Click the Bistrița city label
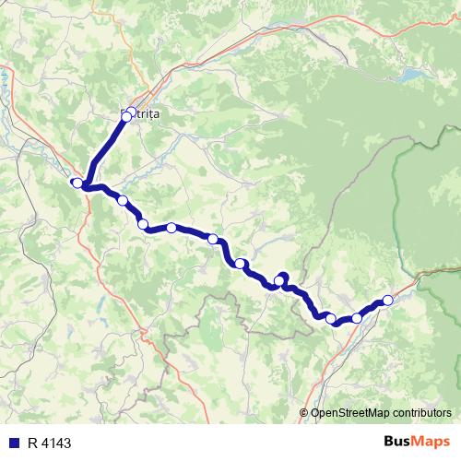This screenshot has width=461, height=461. [142, 112]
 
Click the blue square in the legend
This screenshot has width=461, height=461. [11, 443]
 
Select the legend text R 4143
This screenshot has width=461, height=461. [49, 443]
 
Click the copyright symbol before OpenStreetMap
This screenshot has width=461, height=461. [305, 413]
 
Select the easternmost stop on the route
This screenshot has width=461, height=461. [388, 300]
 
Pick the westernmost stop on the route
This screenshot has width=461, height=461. [77, 183]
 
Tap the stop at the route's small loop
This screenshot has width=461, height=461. [280, 280]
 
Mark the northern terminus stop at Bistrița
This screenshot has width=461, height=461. [128, 116]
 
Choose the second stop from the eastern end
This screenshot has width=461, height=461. [357, 318]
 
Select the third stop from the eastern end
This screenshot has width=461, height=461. [331, 318]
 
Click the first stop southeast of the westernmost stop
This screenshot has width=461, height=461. [122, 200]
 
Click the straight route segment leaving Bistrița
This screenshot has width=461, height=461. [106, 148]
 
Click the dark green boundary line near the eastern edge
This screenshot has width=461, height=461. [398, 184]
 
